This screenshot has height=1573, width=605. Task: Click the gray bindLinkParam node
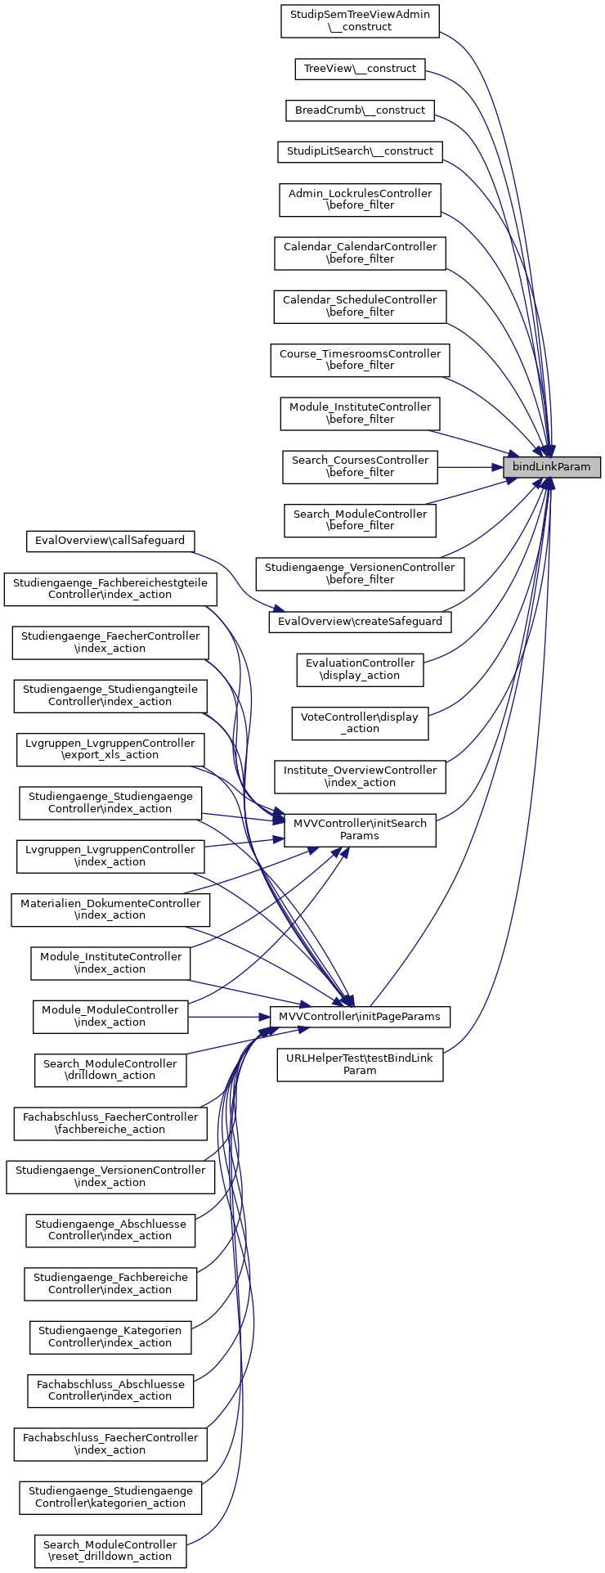552,467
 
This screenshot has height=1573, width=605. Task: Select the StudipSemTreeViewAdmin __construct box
360,20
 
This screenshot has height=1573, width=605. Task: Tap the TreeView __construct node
360,69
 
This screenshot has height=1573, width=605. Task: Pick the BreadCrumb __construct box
360,110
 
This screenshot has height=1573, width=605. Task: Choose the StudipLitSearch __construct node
360,151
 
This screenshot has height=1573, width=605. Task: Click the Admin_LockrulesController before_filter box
360,200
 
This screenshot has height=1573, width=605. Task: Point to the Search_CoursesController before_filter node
360,466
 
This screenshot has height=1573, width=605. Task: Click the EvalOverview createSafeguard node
360,622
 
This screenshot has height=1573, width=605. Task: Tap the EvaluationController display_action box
360,669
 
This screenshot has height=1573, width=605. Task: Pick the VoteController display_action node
360,723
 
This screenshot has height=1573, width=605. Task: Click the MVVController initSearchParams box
360,829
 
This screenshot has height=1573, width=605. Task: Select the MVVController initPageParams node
360,1017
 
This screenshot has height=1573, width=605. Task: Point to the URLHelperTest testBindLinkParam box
360,1064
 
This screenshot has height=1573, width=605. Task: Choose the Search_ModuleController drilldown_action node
110,1070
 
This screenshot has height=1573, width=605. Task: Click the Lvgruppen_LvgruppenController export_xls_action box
110,749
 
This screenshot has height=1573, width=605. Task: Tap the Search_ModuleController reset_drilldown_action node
110,1551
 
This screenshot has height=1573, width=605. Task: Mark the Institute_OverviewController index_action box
360,776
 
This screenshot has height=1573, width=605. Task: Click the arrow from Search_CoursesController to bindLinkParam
466,467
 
